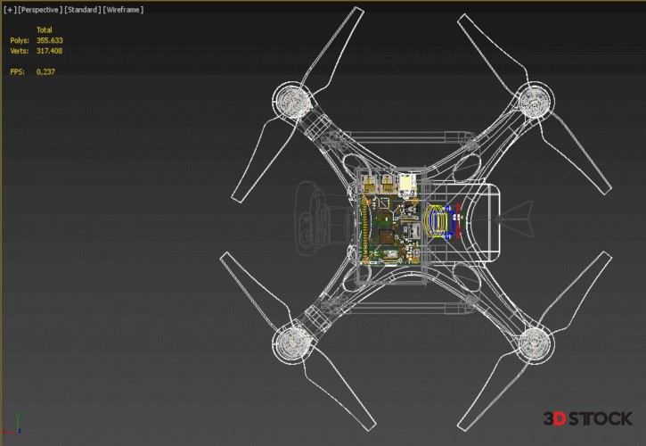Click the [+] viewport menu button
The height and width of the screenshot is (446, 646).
coord(10,10)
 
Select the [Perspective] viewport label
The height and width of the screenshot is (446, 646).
coord(40,10)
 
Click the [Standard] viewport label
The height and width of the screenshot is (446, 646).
coord(82,10)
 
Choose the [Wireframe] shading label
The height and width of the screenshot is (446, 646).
coord(123,10)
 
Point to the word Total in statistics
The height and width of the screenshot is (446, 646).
coord(44,29)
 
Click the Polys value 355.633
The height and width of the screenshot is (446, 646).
coord(49,40)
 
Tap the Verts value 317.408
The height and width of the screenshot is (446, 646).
coord(49,51)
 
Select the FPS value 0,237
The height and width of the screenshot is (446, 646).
coord(45,71)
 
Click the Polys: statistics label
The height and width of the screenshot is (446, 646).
coord(20,40)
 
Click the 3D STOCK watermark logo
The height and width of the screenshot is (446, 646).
coord(587,418)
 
